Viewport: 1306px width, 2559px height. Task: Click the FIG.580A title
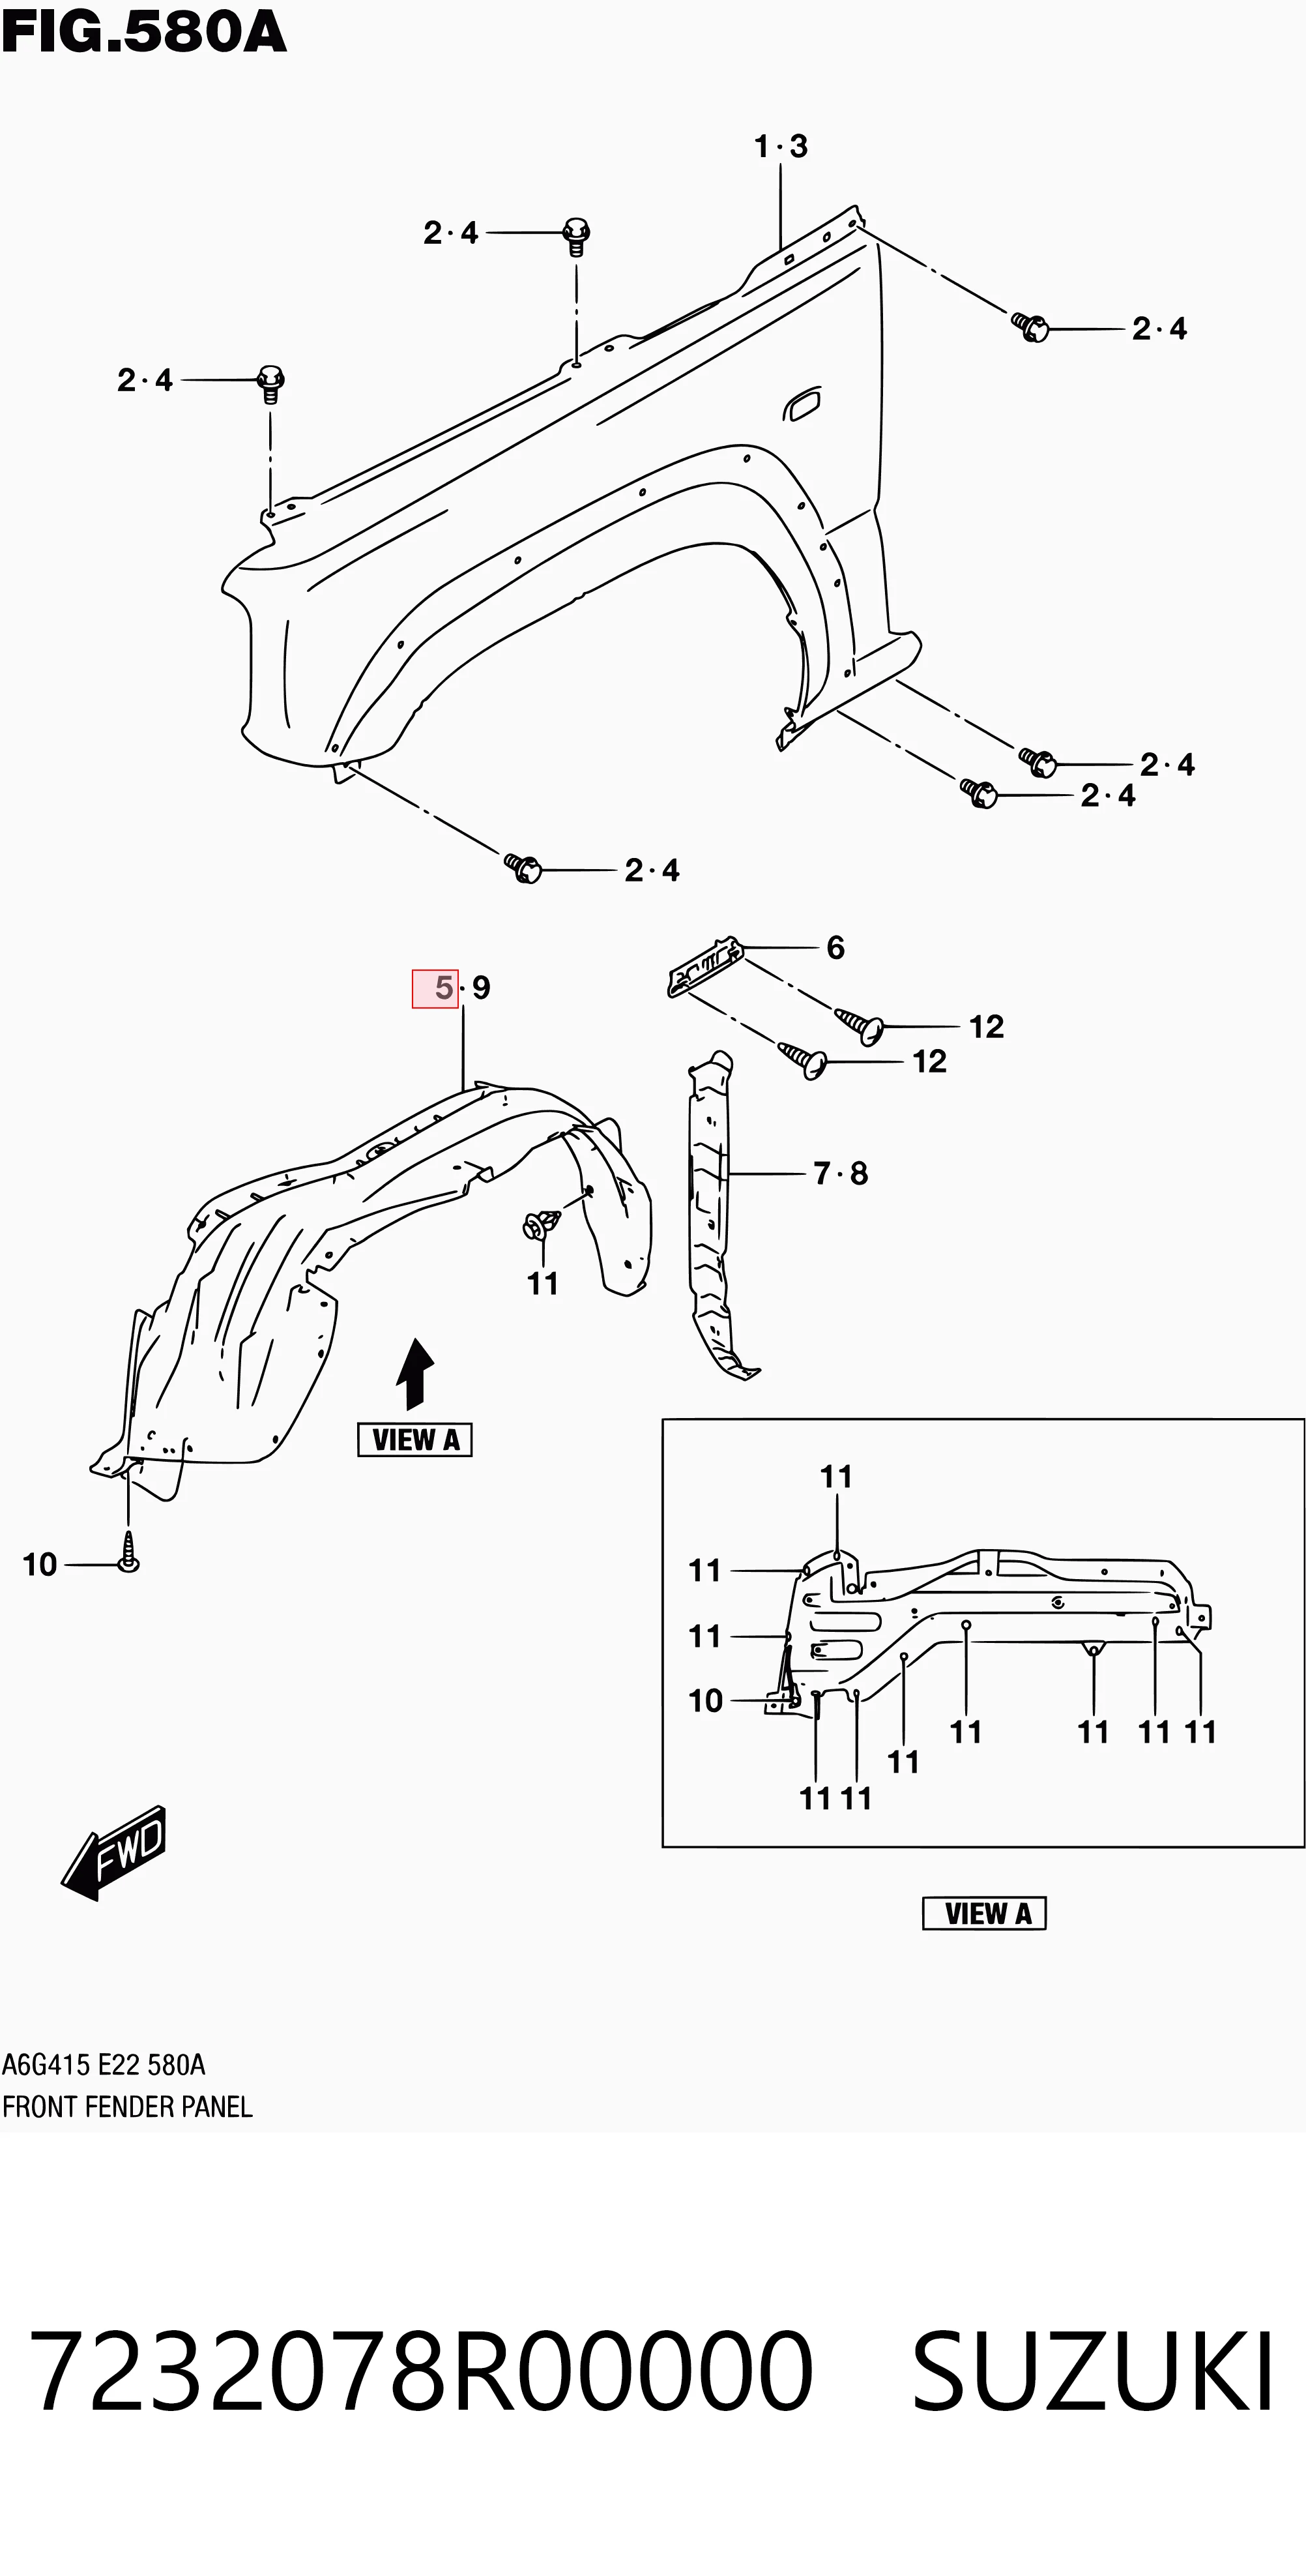[144, 34]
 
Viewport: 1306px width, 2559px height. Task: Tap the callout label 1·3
[781, 147]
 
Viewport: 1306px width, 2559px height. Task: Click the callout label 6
[835, 948]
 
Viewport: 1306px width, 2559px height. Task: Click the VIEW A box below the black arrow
[414, 1440]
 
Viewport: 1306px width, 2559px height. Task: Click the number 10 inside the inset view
[705, 1701]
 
